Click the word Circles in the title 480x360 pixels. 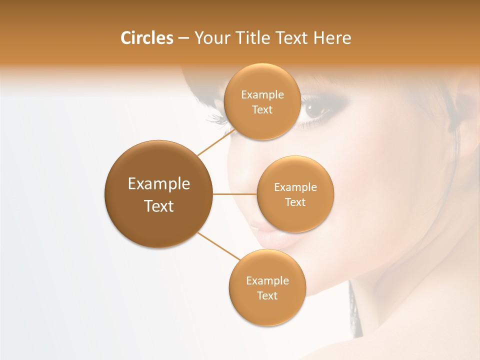pos(146,38)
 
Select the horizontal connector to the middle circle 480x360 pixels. pos(235,194)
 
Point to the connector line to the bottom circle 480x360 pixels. pos(219,246)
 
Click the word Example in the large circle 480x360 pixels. pos(159,184)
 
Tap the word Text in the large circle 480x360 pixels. pos(159,206)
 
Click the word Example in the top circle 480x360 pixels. pos(262,95)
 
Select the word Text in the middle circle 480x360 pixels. pos(295,202)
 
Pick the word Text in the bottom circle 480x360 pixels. pos(267,296)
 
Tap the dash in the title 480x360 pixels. pos(183,38)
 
